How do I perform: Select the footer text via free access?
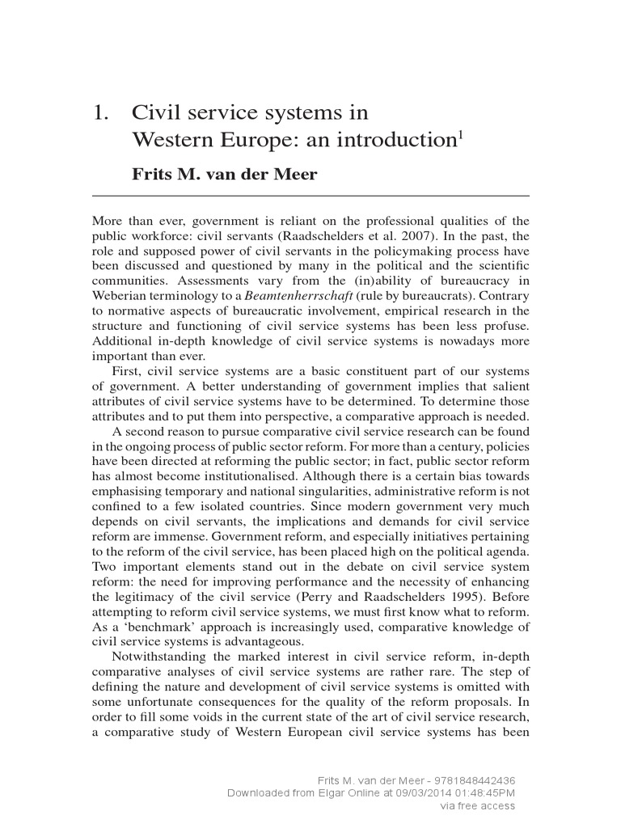477,805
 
